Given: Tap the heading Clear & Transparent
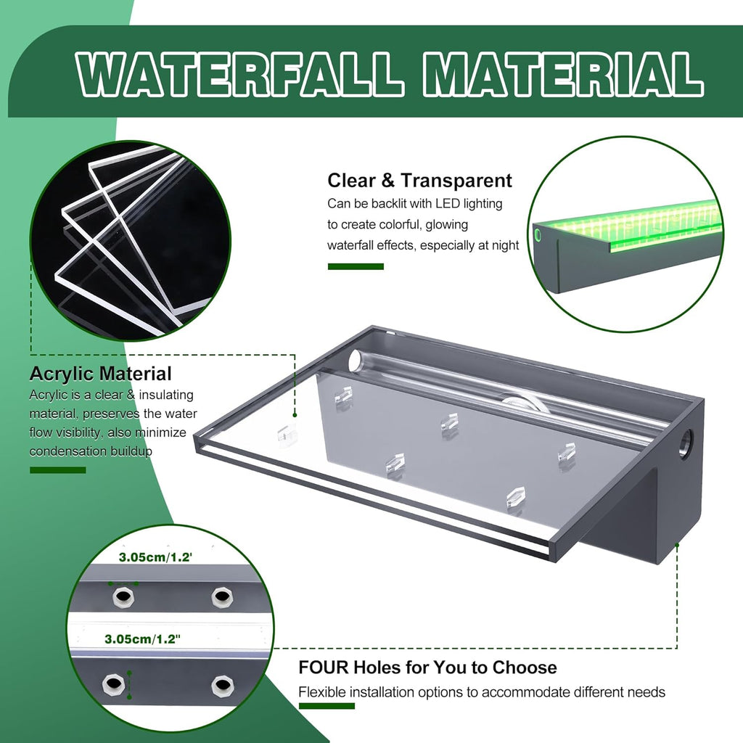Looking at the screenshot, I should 419,181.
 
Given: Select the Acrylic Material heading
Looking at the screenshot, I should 101,374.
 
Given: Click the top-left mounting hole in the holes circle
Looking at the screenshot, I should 123,597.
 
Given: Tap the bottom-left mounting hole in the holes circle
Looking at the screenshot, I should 112,684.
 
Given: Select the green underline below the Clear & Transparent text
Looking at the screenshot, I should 356,266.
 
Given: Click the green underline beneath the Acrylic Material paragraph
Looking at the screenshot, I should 57,469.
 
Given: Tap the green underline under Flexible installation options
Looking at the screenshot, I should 327,706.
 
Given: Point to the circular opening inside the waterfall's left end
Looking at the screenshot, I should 356,361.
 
